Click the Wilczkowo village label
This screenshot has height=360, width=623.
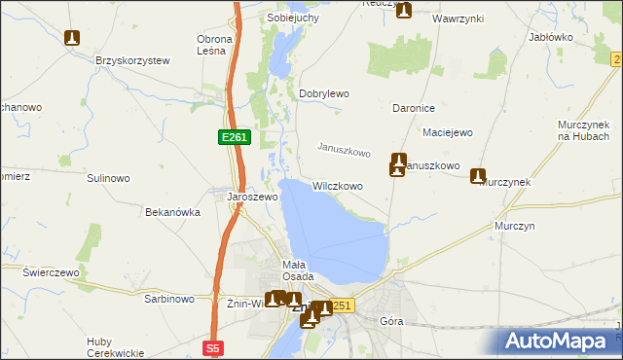coord(338,185)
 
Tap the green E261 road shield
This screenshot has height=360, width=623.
coord(235,138)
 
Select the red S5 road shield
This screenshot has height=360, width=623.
coord(214,346)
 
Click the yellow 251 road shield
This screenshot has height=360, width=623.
coord(341,306)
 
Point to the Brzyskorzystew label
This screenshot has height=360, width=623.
coord(132,60)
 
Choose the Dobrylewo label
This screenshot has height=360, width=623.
coord(323,93)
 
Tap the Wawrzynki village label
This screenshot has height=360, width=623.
coord(459,18)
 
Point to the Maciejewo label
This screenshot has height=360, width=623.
coord(448,131)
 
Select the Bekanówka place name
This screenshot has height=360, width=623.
coord(172,211)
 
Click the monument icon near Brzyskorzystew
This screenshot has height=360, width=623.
coord(71,39)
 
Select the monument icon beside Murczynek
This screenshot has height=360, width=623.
coord(478,176)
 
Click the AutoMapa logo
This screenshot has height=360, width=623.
coord(560,341)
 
